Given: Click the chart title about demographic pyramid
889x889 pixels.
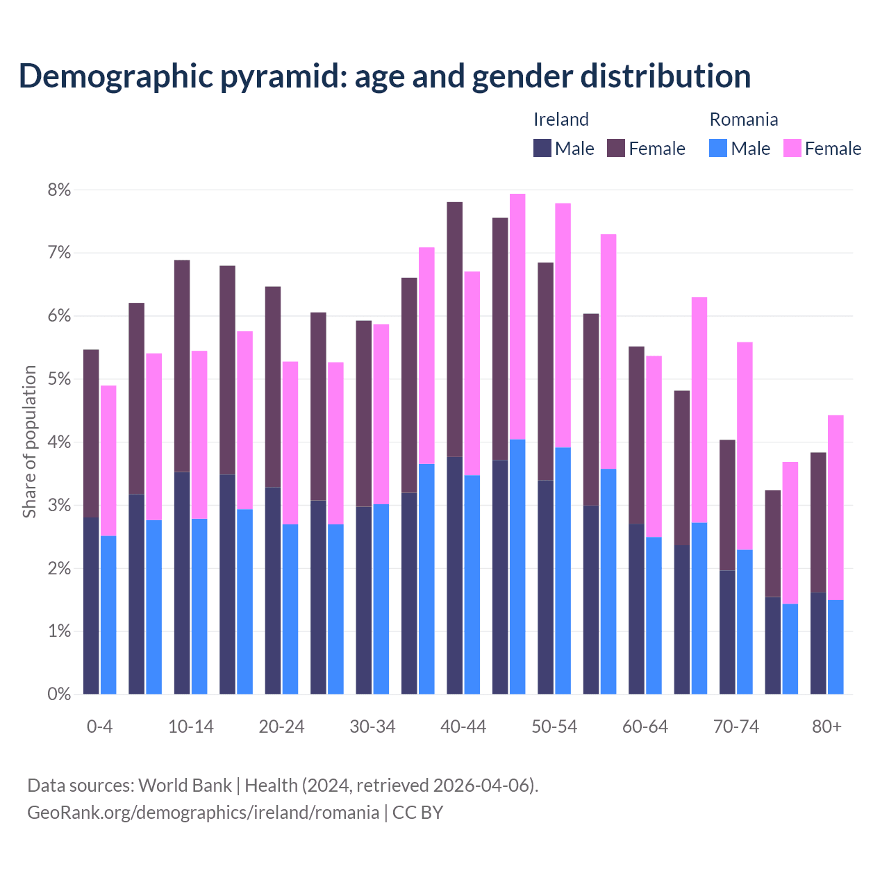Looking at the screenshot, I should click(x=385, y=76).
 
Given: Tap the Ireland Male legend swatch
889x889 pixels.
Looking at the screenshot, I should click(x=542, y=148).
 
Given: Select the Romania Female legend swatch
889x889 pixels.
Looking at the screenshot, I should click(x=792, y=148).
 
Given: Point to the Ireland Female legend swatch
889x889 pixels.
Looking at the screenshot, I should click(x=616, y=148).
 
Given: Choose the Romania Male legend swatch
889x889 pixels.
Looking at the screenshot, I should click(x=718, y=148).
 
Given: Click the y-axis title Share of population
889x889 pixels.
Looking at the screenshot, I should click(x=29, y=442).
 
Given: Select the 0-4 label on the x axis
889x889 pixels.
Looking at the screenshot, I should click(x=99, y=727).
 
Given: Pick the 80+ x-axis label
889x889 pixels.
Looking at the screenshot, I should click(x=826, y=727).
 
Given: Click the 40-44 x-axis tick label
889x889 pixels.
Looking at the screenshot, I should click(x=463, y=727).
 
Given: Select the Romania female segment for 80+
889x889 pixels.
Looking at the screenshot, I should click(x=836, y=507).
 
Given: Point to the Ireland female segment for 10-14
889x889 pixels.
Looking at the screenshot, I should click(x=182, y=366).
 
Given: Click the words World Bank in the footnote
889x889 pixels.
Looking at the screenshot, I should click(x=185, y=786).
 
